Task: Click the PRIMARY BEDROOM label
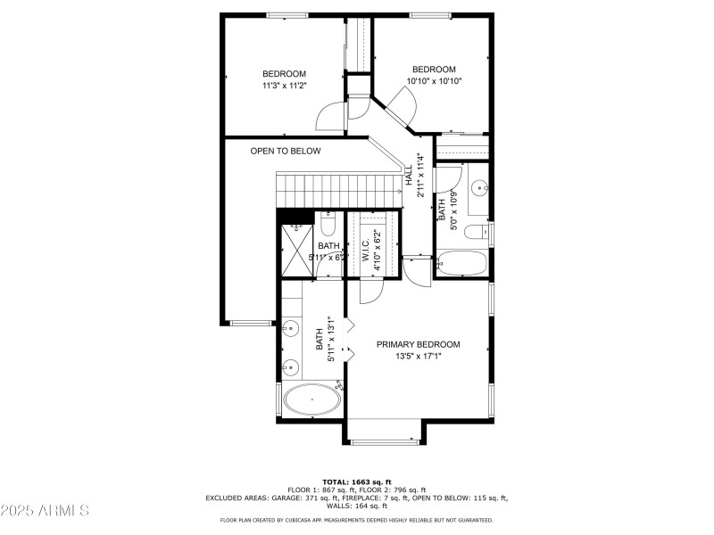418,344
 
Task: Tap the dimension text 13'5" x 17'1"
418,356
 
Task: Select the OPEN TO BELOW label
285,152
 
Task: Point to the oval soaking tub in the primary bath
311,400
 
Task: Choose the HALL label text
409,174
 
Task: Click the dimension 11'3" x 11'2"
284,86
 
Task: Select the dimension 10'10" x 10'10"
433,81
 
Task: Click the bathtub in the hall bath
462,264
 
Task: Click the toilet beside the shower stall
328,223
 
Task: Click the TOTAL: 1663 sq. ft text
357,481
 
